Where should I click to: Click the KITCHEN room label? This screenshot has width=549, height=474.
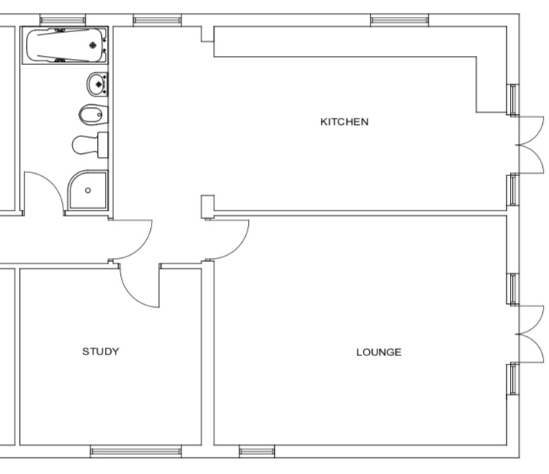(x=344, y=122)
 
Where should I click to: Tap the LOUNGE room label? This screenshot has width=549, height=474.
(x=379, y=352)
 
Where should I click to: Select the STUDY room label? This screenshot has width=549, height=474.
(x=100, y=351)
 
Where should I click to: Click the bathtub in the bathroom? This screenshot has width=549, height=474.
(x=65, y=45)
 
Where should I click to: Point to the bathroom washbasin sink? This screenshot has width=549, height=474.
(x=97, y=84)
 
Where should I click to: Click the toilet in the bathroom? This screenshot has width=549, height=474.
(x=90, y=145)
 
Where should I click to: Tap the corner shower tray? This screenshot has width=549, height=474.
(x=87, y=190)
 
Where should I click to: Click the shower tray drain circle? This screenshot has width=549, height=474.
(x=88, y=191)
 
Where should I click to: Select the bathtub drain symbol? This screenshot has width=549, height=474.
(x=93, y=45)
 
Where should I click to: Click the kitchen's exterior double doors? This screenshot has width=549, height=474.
(x=531, y=145)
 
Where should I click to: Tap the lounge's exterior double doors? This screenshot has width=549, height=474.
(x=531, y=334)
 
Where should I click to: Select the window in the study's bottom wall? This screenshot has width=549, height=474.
(x=136, y=452)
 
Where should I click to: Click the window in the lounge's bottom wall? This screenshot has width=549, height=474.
(x=257, y=452)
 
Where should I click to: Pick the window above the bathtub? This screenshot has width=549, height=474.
(x=63, y=20)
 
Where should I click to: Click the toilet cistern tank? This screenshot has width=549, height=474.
(x=103, y=145)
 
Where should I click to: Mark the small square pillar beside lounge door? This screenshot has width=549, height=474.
(x=208, y=207)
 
